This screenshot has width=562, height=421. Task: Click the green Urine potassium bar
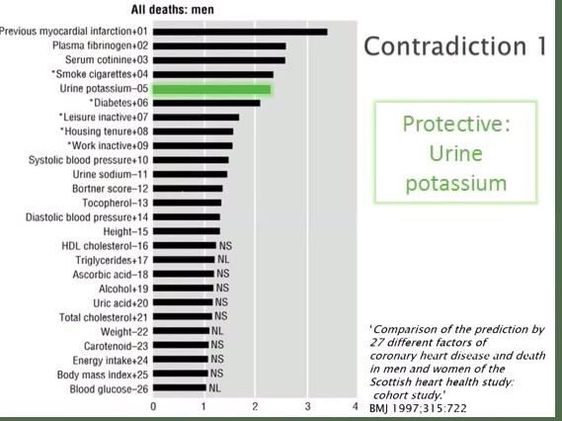pyautogui.click(x=211, y=89)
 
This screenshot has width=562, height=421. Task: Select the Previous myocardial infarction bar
pyautogui.click(x=240, y=32)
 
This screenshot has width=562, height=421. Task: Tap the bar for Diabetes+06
pyautogui.click(x=206, y=103)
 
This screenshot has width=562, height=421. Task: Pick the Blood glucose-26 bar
pyautogui.click(x=180, y=387)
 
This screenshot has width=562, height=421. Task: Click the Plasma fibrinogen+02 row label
pyautogui.click(x=100, y=45)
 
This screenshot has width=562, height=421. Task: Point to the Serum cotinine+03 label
pyautogui.click(x=107, y=60)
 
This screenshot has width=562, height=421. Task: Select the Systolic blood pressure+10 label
pyautogui.click(x=88, y=160)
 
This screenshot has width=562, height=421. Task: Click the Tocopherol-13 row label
pyautogui.click(x=115, y=203)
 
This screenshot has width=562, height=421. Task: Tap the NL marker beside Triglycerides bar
pyautogui.click(x=223, y=259)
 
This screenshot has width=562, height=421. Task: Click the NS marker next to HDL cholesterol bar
pyautogui.click(x=225, y=246)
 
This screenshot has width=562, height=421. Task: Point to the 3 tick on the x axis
pyautogui.click(x=307, y=406)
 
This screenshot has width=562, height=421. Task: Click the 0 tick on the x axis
pyautogui.click(x=153, y=406)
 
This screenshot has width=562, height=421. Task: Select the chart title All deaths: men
pyautogui.click(x=173, y=10)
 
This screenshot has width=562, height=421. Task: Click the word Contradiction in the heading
pyautogui.click(x=445, y=46)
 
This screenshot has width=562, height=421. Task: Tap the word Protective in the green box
pyautogui.click(x=456, y=125)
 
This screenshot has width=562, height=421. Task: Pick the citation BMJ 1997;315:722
pyautogui.click(x=418, y=408)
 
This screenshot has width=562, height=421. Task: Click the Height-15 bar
pyautogui.click(x=187, y=231)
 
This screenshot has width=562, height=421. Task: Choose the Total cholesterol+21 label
pyautogui.click(x=104, y=317)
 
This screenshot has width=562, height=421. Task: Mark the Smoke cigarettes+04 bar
pyautogui.click(x=213, y=74)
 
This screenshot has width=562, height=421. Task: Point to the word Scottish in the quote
pyautogui.click(x=390, y=381)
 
